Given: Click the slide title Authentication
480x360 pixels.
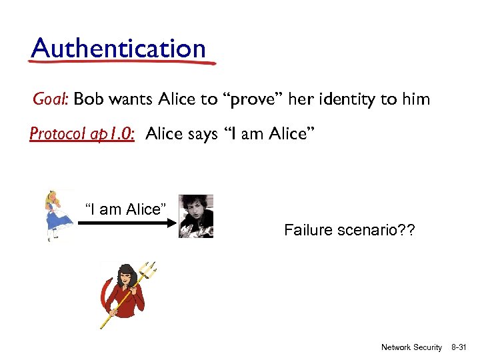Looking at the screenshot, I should coord(119,48).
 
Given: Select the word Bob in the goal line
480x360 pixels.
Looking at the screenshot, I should coord(88,100).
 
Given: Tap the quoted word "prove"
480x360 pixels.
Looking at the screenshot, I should coord(257,100).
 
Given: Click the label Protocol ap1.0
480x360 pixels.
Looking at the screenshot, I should coord(83,135).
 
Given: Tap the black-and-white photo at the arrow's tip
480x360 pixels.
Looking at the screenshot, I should coord(196,216).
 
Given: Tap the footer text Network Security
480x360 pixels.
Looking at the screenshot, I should coord(411,347).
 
